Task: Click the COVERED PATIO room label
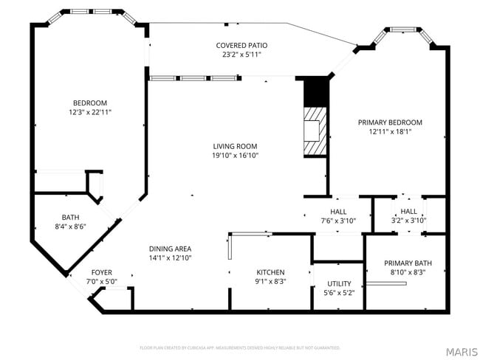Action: point(241,45)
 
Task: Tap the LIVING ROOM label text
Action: point(235,146)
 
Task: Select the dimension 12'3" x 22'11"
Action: point(89,112)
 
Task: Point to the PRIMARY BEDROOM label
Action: point(390,122)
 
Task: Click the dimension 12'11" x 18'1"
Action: point(390,132)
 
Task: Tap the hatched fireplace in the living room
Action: point(315,131)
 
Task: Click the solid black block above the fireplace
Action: point(315,91)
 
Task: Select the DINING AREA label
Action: point(170,249)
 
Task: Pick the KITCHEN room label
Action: point(270,271)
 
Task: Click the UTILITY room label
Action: point(339,283)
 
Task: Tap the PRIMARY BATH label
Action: point(408,263)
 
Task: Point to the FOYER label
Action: point(101,272)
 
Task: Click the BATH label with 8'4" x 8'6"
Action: point(70,218)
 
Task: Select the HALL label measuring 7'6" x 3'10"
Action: point(338,212)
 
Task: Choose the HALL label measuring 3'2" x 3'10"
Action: point(408,212)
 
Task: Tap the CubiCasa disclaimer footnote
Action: point(239,347)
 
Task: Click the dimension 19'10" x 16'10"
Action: point(235,156)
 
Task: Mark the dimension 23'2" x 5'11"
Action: point(241,55)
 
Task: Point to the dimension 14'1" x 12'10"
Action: point(170,258)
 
